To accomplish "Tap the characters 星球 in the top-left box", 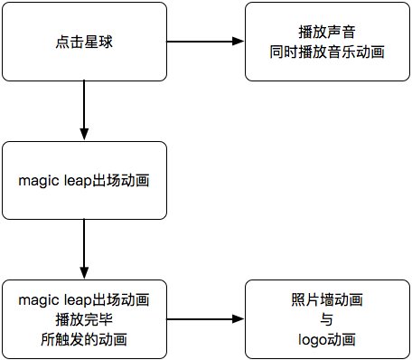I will point(98,42).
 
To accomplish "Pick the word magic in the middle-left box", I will point(38,180).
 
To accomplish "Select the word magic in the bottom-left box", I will point(38,299).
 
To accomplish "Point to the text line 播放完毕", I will point(84,319).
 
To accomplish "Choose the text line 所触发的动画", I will point(84,339).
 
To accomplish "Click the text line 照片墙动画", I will point(327,299).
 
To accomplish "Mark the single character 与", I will point(327,319).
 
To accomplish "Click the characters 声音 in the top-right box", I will point(342,33).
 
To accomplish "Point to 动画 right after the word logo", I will point(342,339).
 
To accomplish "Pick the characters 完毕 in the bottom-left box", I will point(98,319).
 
